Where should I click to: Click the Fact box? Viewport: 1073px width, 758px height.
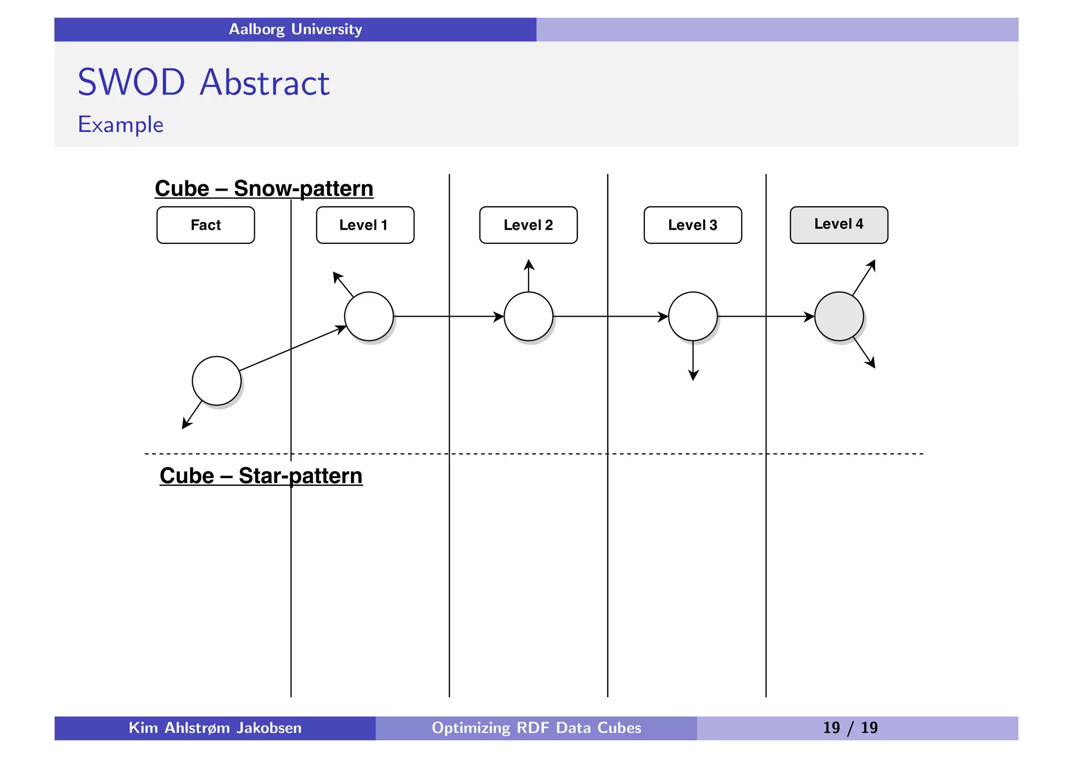tap(205, 225)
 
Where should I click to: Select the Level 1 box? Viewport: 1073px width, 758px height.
tap(365, 225)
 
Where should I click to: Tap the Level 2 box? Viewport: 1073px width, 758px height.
tap(528, 225)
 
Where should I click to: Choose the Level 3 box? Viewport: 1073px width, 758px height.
tap(693, 225)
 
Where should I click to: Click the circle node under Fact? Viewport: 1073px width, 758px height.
tap(216, 381)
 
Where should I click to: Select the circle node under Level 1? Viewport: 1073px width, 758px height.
tap(369, 316)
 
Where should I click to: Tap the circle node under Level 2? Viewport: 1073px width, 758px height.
tap(528, 316)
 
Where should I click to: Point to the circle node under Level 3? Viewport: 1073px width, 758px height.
tap(693, 316)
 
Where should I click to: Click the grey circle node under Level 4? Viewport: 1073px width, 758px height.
tap(839, 316)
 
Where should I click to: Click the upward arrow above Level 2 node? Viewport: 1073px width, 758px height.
tap(529, 276)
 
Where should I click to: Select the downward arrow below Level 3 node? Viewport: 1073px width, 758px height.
tap(693, 361)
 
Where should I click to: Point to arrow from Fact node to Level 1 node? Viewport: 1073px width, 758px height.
tap(292, 349)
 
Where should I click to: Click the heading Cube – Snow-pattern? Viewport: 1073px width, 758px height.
tap(264, 188)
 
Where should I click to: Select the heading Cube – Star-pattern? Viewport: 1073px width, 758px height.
tap(261, 476)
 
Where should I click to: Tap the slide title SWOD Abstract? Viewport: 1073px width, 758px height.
tap(203, 82)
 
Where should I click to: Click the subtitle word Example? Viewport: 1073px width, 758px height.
tap(121, 125)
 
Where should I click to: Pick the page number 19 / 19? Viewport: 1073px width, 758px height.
tap(850, 728)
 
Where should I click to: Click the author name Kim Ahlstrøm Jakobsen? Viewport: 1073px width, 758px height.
tap(215, 728)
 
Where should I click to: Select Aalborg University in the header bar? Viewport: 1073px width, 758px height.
tap(295, 29)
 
